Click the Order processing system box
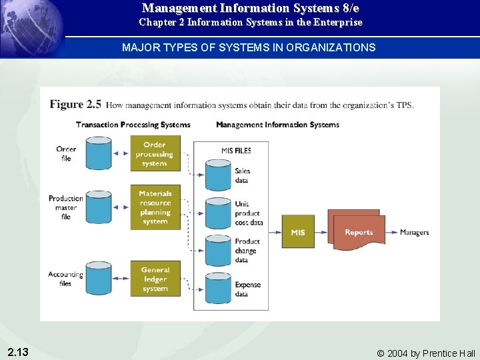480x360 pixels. coord(155,154)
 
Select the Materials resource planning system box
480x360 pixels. coord(155,207)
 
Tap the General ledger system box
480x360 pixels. coord(155,279)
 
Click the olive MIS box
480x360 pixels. coord(298,232)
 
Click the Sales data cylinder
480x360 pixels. coord(218,175)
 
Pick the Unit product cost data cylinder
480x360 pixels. coord(218,213)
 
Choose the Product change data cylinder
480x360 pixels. coord(218,251)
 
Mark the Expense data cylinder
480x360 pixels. coord(218,289)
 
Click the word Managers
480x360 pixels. coord(414,233)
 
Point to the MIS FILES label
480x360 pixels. coord(236,151)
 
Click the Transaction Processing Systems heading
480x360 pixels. coord(133,125)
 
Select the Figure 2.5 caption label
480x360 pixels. coord(75,105)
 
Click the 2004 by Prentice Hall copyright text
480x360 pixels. coord(426,353)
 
